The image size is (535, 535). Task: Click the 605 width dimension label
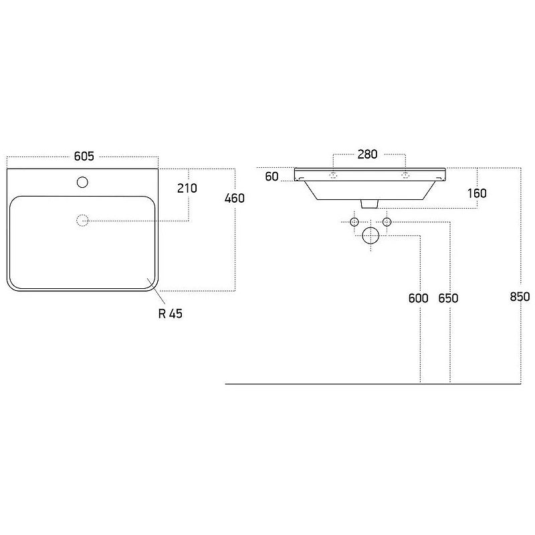click(x=84, y=156)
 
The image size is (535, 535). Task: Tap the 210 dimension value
click(x=187, y=189)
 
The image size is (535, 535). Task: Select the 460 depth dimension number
click(x=235, y=198)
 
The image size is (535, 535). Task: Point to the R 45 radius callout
click(x=171, y=314)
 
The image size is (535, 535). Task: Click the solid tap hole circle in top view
click(x=82, y=182)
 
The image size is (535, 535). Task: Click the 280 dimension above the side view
click(x=367, y=154)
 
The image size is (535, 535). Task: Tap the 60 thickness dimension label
click(x=272, y=177)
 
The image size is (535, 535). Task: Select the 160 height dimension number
click(x=477, y=193)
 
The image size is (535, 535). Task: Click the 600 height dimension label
click(x=419, y=298)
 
